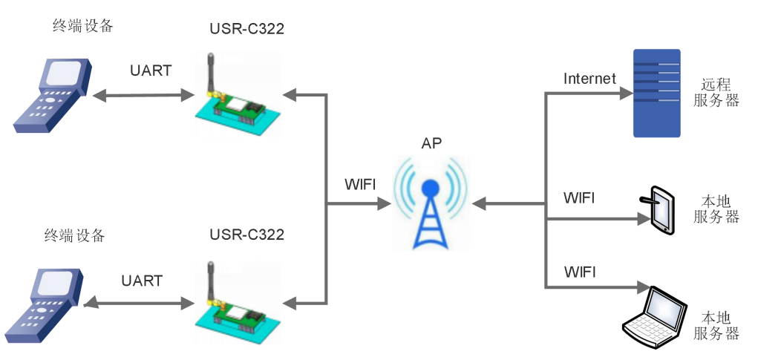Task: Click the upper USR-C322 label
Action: click(246, 30)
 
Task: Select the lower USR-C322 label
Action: click(246, 235)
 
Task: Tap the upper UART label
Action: click(150, 71)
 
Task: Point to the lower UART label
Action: click(141, 281)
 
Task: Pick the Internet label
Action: click(589, 78)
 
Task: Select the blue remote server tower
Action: click(656, 93)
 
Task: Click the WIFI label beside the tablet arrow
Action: click(579, 199)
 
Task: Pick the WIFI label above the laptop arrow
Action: click(580, 271)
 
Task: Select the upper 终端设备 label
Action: click(84, 27)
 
